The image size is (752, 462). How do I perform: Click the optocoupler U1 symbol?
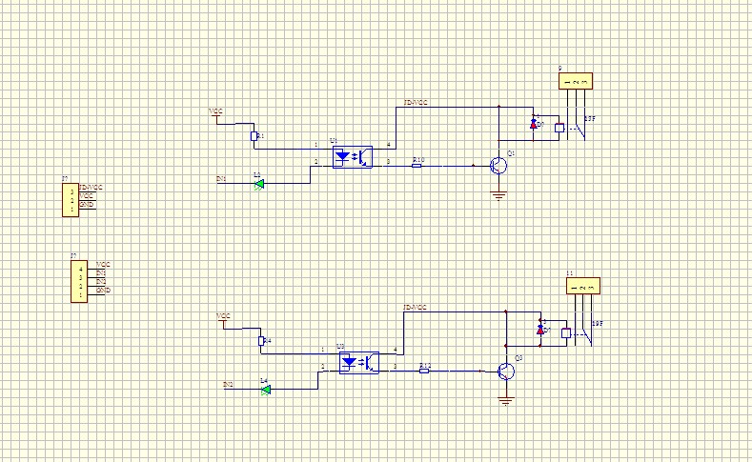coord(352,157)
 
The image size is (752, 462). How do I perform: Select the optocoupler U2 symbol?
coord(358,363)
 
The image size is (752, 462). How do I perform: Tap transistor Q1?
coord(498,166)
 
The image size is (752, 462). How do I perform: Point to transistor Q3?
coord(505,371)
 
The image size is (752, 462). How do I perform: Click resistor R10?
coord(417,165)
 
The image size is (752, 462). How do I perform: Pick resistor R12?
coord(424,371)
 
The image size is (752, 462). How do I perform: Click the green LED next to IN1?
coord(258,184)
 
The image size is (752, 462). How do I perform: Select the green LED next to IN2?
coord(266,389)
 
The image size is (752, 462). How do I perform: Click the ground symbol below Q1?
coord(498,196)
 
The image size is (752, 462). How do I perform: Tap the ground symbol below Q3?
coord(505,401)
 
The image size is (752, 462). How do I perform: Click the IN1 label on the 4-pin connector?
coord(101,272)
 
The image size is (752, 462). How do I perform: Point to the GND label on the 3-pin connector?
coord(86,204)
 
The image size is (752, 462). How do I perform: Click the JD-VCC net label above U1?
coord(416,102)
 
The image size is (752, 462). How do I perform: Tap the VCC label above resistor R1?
coord(216,111)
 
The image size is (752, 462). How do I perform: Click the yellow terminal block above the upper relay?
coord(577,82)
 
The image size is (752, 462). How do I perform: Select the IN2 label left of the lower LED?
coord(228,384)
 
